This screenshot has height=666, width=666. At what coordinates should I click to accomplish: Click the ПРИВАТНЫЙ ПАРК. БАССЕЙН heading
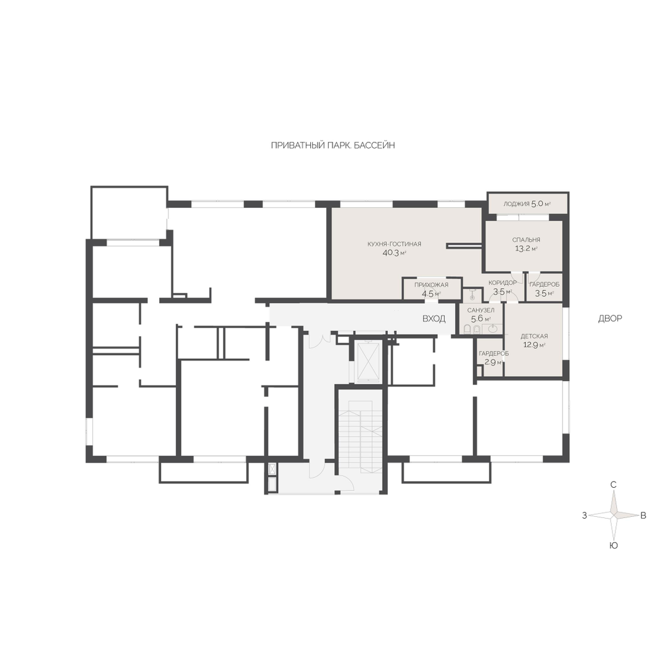(x=333, y=146)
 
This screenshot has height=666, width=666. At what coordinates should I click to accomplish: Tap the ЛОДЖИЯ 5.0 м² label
(x=527, y=203)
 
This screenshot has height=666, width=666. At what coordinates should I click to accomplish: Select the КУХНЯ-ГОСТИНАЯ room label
(x=395, y=244)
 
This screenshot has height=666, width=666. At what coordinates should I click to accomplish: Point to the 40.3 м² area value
(x=395, y=253)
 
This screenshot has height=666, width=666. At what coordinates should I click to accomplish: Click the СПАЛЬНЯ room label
(x=526, y=239)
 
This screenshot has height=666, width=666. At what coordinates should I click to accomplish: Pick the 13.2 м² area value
(x=526, y=249)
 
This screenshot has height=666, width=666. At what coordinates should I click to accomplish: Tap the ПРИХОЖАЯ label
(x=432, y=284)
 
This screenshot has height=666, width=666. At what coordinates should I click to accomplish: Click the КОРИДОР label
(x=503, y=282)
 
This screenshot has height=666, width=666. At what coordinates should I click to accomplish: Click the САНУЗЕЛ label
(x=480, y=310)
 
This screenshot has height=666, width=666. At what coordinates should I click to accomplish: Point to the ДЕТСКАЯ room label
(x=534, y=336)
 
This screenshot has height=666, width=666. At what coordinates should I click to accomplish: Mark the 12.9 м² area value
(x=534, y=345)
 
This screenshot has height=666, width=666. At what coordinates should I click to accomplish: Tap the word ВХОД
(x=434, y=319)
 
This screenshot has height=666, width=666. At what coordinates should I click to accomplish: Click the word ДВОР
(x=610, y=319)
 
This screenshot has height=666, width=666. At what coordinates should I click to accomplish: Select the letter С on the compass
(x=614, y=485)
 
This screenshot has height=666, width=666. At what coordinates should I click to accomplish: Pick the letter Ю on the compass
(x=614, y=545)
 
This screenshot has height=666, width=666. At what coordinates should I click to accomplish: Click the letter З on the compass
(x=585, y=515)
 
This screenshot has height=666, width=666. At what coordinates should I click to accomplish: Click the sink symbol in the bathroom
(x=493, y=329)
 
